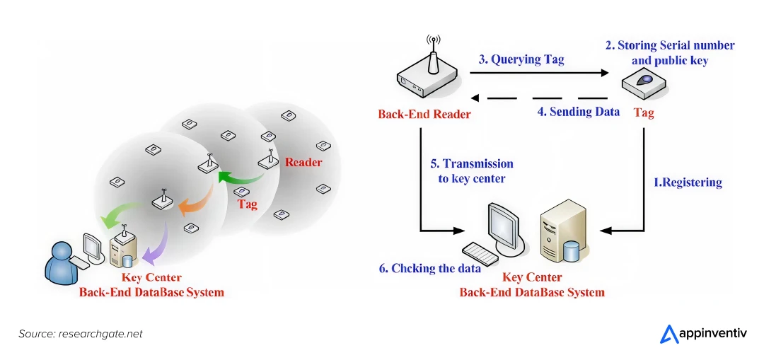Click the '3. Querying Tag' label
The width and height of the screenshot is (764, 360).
pyautogui.click(x=521, y=59)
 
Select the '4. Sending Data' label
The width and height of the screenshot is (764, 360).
pyautogui.click(x=578, y=111)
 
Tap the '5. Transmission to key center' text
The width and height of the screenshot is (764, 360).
pyautogui.click(x=472, y=171)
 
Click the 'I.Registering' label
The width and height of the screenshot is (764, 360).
pyautogui.click(x=687, y=182)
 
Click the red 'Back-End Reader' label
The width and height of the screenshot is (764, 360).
pyautogui.click(x=424, y=114)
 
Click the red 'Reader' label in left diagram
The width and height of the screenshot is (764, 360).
pyautogui.click(x=303, y=162)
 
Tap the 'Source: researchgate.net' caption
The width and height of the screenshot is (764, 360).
pyautogui.click(x=80, y=334)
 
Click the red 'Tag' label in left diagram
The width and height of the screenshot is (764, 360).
pyautogui.click(x=247, y=204)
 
